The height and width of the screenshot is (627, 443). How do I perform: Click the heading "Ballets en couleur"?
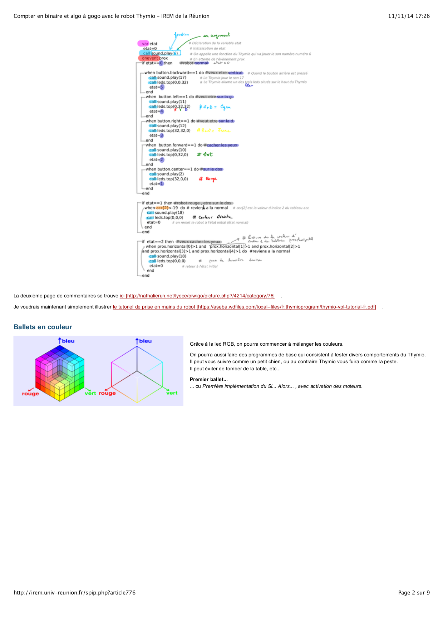tap(43, 327)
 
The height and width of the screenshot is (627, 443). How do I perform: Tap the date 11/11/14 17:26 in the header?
tap(409, 16)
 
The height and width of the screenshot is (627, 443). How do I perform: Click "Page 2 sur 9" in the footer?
tap(414, 593)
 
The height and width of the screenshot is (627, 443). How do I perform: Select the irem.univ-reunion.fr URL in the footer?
tap(74, 593)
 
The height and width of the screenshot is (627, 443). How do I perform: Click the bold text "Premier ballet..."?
tap(208, 380)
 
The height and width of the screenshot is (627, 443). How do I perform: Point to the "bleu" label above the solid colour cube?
tap(68, 341)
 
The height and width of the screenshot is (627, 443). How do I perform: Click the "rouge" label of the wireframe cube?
tap(107, 393)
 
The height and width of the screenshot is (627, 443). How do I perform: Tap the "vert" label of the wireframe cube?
tap(172, 393)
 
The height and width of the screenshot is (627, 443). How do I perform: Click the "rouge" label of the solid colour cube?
tap(30, 394)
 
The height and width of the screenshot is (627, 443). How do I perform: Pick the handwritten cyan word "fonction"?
tap(181, 35)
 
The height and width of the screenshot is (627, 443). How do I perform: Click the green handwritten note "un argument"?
tap(217, 35)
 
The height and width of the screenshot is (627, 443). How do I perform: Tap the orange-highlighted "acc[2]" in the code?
tap(162, 208)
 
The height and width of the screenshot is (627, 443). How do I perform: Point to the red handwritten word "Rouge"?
tap(211, 179)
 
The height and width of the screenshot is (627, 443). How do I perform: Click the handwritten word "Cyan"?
tap(225, 107)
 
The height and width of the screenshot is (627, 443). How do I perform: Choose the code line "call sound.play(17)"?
tap(168, 78)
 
